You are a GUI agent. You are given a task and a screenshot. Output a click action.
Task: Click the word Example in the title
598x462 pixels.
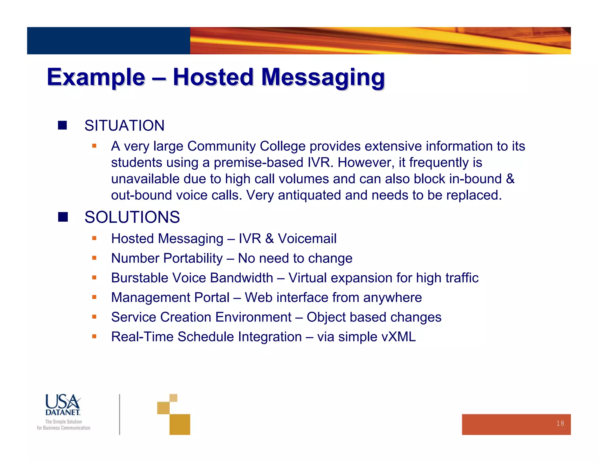click(96, 77)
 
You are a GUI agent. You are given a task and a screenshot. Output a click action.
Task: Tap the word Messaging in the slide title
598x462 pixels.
click(323, 77)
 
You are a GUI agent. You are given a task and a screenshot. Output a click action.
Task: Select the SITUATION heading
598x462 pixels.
click(124, 126)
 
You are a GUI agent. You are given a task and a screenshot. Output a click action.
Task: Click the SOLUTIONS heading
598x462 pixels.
click(132, 217)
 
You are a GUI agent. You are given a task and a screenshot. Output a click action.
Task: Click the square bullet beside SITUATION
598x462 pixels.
click(62, 125)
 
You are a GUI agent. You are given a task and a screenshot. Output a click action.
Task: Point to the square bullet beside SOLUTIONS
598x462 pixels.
click(63, 217)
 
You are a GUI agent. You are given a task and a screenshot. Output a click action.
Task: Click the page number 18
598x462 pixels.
click(560, 423)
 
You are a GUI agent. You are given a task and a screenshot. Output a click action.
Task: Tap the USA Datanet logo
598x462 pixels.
click(63, 405)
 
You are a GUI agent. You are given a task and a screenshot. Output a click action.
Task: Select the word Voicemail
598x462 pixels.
click(307, 239)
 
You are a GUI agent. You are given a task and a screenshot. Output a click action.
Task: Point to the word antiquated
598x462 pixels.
click(309, 195)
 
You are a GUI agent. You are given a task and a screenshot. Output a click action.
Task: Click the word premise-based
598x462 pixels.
click(258, 162)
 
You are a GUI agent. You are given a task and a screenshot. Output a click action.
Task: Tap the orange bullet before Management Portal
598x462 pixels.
click(94, 297)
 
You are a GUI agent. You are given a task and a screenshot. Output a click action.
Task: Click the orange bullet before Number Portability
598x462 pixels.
click(94, 258)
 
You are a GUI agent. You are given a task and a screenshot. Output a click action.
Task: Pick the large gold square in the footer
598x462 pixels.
click(180, 424)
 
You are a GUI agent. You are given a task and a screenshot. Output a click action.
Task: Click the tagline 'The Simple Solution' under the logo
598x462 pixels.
click(63, 422)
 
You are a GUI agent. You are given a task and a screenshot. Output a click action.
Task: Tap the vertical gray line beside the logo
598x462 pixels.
click(119, 414)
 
